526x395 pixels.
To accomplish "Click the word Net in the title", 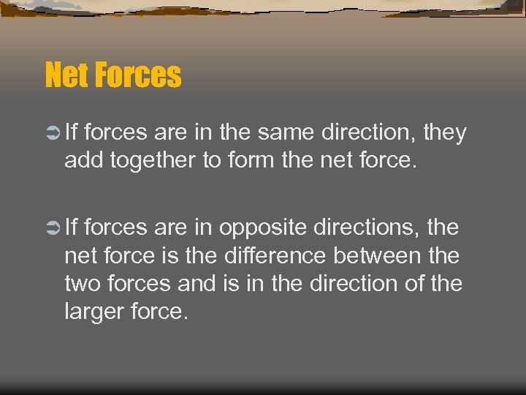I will [64, 75].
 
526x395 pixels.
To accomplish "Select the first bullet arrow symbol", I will [51, 133].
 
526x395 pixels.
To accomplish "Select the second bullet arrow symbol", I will [51, 228].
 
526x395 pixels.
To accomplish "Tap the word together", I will [152, 160].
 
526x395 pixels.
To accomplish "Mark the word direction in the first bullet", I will [373, 132].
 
